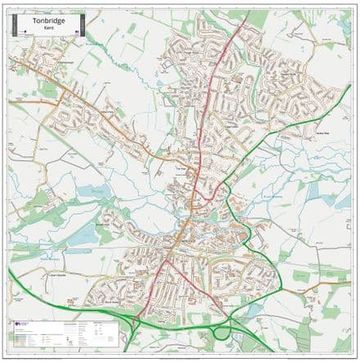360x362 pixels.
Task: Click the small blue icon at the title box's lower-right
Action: tap(74, 30)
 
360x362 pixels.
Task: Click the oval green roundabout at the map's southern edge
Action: tap(221, 333)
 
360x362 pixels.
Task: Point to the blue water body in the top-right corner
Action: tap(344, 16)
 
